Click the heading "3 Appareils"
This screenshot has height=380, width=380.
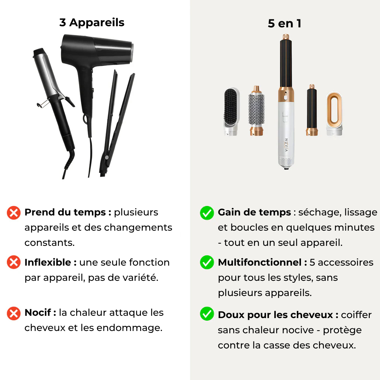tap(92, 22)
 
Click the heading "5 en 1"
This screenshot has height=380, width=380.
tap(285, 24)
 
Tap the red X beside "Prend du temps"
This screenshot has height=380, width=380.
tap(14, 213)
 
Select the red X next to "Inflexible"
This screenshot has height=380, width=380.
tap(14, 262)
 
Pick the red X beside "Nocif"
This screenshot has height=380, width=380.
tap(14, 313)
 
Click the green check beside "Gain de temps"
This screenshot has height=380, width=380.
tap(207, 213)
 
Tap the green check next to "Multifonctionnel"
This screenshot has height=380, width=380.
tap(207, 262)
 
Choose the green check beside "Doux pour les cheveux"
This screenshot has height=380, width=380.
tap(207, 313)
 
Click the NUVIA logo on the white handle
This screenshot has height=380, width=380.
tap(286, 145)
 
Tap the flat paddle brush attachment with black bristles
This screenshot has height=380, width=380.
tap(231, 111)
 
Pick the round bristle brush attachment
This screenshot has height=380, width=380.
tap(256, 111)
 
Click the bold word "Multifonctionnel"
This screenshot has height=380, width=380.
tap(260, 263)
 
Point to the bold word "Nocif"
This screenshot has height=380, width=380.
tap(38, 313)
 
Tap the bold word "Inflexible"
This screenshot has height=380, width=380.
tap(48, 263)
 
